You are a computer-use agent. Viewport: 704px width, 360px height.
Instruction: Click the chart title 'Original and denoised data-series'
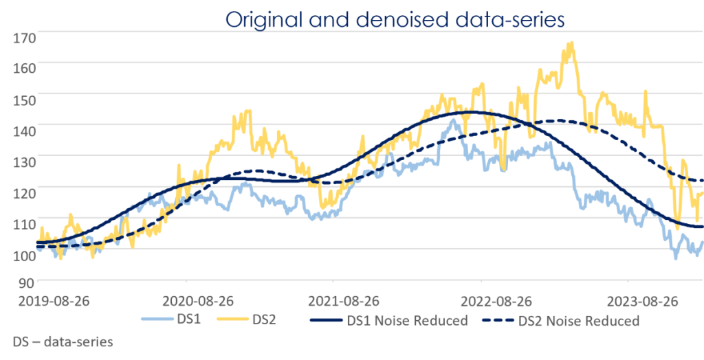[x=395, y=19]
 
